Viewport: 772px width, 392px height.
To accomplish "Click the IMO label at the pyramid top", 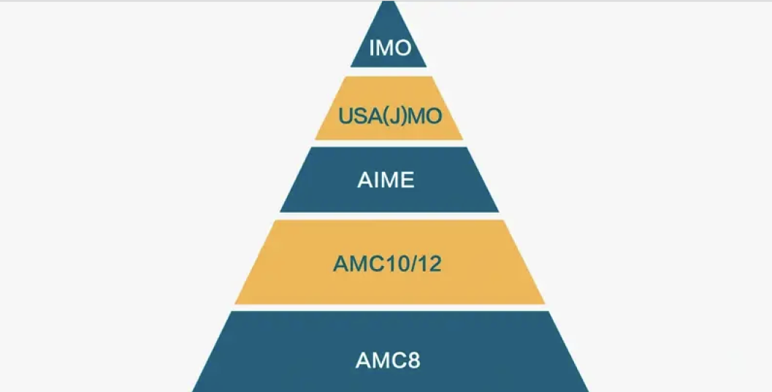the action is click(390, 48).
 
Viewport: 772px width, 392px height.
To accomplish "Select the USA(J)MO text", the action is click(390, 116).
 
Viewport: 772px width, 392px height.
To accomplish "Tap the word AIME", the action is click(386, 180).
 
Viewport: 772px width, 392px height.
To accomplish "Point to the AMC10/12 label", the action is click(387, 264).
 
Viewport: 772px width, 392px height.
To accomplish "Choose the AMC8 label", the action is click(388, 361).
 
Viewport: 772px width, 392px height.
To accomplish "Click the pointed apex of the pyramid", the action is click(389, 1).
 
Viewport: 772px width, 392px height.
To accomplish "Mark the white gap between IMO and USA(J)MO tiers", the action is click(389, 72).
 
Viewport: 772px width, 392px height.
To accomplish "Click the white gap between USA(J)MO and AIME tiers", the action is click(389, 143).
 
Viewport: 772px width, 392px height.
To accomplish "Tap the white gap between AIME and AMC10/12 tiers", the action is click(389, 216).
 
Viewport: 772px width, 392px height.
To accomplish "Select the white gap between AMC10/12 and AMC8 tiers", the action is click(389, 308).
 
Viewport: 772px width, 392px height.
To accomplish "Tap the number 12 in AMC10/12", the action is click(429, 264).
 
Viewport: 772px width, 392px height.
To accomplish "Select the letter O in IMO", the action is click(402, 48).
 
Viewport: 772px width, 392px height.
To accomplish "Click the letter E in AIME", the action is click(408, 180).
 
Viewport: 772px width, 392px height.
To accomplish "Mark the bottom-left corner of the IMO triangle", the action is click(351, 67).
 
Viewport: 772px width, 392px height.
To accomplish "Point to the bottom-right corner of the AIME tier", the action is click(499, 212).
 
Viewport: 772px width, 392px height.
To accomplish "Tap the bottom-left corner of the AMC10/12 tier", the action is click(235, 304).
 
